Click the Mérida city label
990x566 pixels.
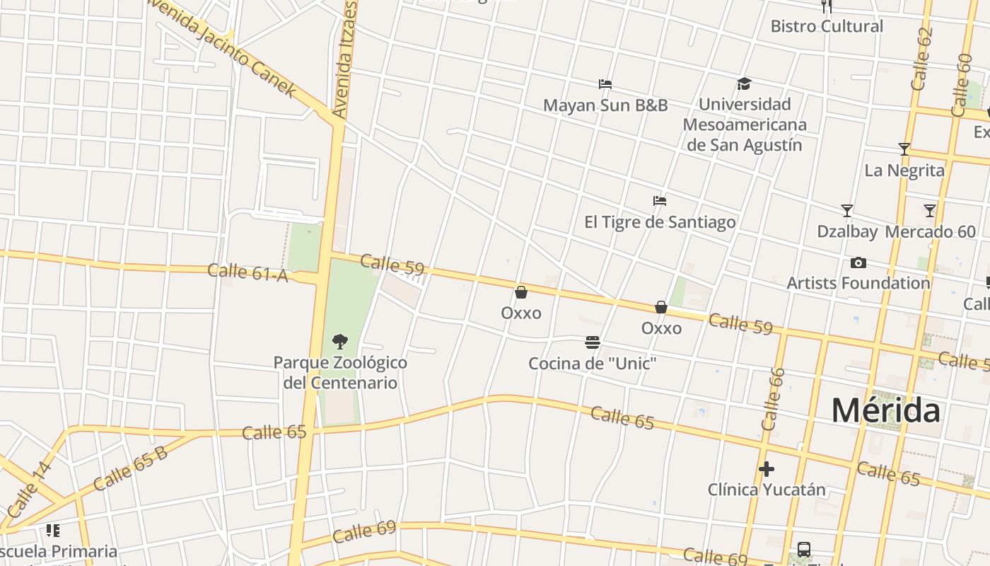coord(885,410)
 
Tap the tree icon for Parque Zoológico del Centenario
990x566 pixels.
coord(340,342)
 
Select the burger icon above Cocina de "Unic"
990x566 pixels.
coord(593,343)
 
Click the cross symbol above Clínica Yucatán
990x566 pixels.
coord(767,469)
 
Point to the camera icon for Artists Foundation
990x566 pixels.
coord(858,263)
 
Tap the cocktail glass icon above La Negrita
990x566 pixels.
coord(904,149)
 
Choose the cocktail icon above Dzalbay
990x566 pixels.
coord(847,211)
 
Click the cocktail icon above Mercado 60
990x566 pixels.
coord(930,211)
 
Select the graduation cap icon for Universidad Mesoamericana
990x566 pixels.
coord(744,84)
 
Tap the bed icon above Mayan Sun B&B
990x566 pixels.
coord(605,84)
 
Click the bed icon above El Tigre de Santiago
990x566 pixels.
coord(660,201)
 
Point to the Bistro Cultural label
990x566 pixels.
coord(827,26)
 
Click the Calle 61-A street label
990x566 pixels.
coord(248,272)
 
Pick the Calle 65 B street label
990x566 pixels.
coord(131,468)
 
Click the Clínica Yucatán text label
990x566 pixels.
coord(767,490)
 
